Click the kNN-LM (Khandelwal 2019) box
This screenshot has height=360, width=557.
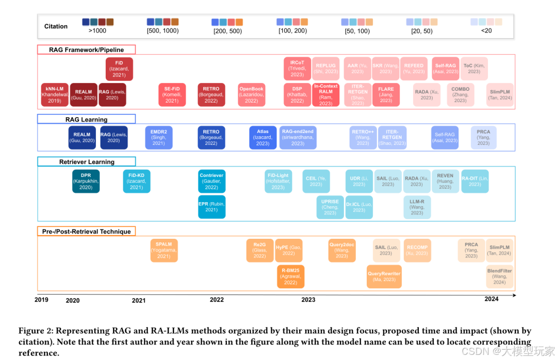click(54, 95)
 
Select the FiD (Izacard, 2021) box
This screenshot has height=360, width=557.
click(119, 69)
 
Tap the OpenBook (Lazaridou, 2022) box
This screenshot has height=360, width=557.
click(251, 95)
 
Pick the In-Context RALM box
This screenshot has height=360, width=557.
click(326, 95)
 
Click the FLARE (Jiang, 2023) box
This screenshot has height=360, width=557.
click(386, 95)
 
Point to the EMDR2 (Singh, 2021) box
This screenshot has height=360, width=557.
click(158, 137)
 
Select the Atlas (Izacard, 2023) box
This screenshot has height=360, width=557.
click(263, 137)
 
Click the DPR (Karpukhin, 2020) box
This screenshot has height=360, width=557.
click(86, 181)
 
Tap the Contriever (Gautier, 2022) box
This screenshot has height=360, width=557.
click(211, 181)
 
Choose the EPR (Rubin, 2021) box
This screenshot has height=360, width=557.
click(211, 207)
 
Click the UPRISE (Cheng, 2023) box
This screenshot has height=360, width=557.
click(330, 207)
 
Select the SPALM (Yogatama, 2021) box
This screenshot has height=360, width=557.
click(163, 250)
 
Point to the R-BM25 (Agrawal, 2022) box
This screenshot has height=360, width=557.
click(290, 276)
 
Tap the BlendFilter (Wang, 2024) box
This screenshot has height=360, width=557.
click(499, 276)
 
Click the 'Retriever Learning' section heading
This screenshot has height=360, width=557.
click(87, 162)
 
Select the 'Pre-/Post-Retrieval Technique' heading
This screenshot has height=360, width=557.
click(87, 232)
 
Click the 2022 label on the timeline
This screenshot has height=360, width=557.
click(217, 300)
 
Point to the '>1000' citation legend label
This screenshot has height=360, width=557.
click(97, 31)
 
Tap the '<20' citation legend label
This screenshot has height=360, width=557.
click(486, 31)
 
